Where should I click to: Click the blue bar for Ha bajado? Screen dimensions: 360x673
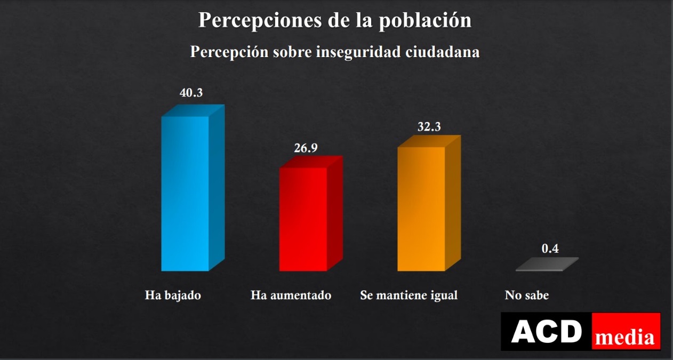pos(185,193)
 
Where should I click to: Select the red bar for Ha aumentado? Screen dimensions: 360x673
pos(303,219)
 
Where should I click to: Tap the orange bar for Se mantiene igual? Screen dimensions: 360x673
pos(421,208)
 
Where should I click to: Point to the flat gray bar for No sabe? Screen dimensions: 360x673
pos(547,265)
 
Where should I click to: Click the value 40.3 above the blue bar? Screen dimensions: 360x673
pos(191,93)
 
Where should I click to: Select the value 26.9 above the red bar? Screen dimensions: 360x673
pos(306,148)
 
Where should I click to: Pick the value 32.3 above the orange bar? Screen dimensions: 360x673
pos(430,127)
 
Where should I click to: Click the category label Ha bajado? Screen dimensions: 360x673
pos(173,295)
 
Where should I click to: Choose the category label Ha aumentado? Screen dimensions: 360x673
pos(291,295)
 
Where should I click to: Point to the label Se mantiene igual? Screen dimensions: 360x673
pos(409,295)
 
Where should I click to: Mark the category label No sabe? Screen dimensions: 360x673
pos(526,295)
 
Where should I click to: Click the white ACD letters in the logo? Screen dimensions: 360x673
pos(546,332)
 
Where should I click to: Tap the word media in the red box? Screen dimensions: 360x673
pos(625,337)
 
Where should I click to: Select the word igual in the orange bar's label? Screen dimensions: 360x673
pos(444,295)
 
